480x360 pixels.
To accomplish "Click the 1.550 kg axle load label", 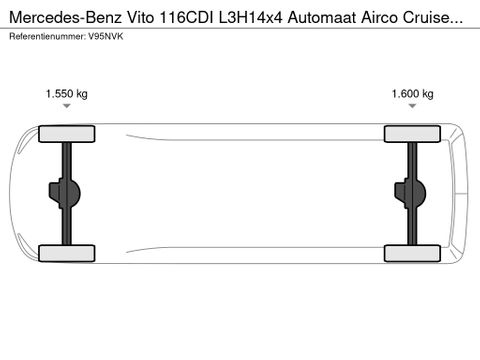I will click(66, 94).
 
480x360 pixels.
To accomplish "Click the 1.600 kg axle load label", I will click(411, 94).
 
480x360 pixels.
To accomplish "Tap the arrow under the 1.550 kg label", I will click(66, 112).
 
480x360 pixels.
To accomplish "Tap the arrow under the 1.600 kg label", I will click(411, 112).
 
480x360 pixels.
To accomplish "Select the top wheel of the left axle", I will click(59, 133).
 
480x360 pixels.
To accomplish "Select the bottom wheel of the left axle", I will click(59, 251).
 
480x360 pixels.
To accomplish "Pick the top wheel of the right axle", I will click(413, 133).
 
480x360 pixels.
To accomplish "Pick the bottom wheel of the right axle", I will click(413, 251).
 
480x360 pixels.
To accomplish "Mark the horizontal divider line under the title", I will click(240, 28).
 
